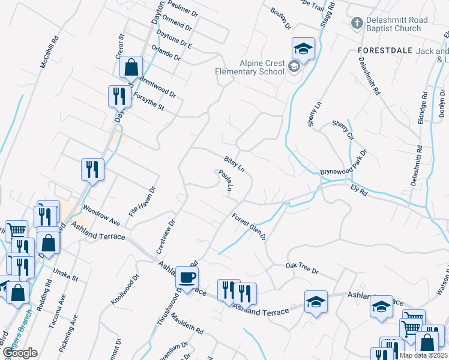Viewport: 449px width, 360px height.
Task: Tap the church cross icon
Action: coord(357,23)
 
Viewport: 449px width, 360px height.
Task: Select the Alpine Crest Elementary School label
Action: coord(253,67)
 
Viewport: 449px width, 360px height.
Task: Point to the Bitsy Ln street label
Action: coord(234,164)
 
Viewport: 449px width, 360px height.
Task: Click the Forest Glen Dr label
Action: coord(249,226)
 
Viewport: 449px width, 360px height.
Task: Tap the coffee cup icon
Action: coord(187,278)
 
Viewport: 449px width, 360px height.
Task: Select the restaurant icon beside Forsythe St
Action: coord(118,96)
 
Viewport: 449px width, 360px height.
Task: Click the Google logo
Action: coord(20,353)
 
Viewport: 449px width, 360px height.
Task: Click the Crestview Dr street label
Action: coord(165,236)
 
